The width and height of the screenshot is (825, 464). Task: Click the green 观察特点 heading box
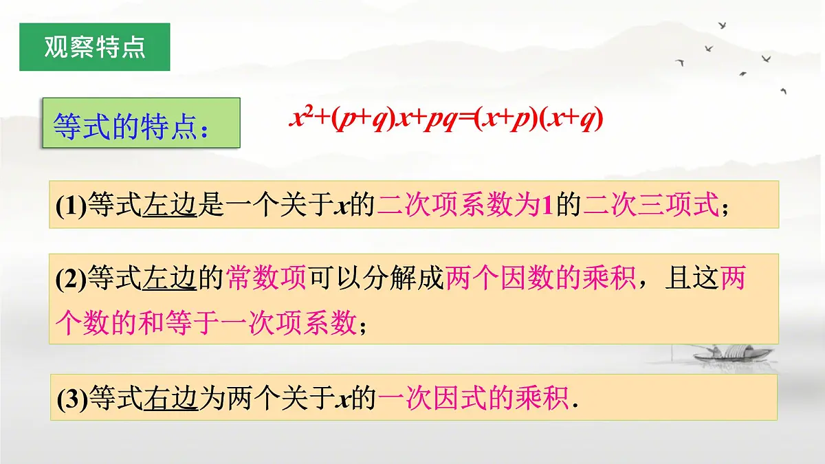pos(94,47)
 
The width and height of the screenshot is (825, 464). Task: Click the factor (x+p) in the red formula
pos(506,119)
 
